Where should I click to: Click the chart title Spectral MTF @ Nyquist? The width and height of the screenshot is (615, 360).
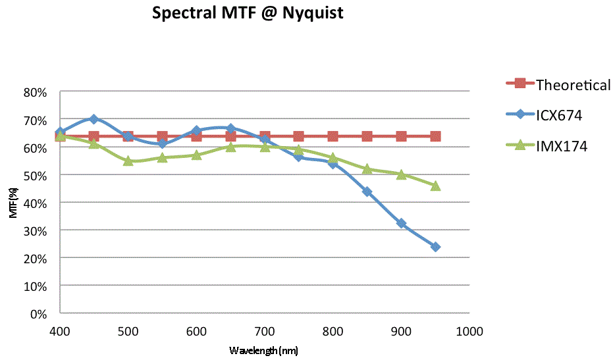pyautogui.click(x=248, y=13)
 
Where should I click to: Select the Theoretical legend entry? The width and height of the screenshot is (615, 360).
pyautogui.click(x=573, y=84)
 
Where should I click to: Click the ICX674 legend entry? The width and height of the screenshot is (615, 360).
pyautogui.click(x=559, y=115)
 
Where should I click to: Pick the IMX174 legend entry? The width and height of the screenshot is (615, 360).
pyautogui.click(x=561, y=145)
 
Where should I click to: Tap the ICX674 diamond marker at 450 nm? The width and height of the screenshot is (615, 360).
pyautogui.click(x=94, y=119)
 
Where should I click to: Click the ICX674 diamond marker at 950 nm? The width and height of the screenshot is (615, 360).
pyautogui.click(x=435, y=247)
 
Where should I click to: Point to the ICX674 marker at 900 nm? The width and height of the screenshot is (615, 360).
pyautogui.click(x=401, y=224)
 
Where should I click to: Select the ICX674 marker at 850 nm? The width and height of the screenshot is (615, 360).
pyautogui.click(x=367, y=192)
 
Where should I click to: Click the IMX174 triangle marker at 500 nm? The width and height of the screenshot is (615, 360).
pyautogui.click(x=128, y=161)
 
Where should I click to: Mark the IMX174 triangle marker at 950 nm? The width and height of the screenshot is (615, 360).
pyautogui.click(x=435, y=186)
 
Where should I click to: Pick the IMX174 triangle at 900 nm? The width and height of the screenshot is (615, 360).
pyautogui.click(x=401, y=174)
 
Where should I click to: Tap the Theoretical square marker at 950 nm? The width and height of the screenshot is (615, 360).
pyautogui.click(x=435, y=136)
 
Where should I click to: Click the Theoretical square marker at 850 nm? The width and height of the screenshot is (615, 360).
pyautogui.click(x=367, y=136)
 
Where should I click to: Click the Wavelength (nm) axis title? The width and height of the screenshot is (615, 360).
pyautogui.click(x=263, y=350)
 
